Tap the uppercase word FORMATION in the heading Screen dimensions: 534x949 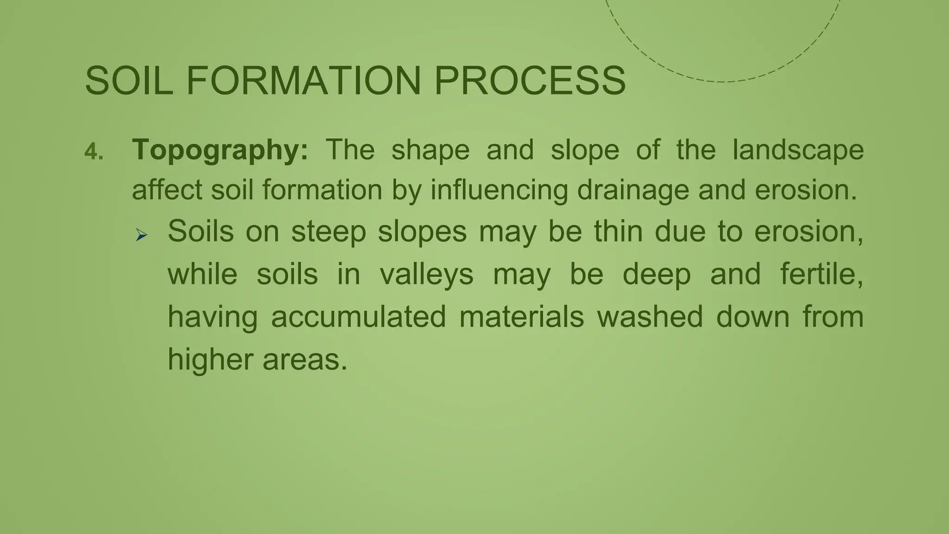pos(304,81)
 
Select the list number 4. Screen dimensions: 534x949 pos(93,152)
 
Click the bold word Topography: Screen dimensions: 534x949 pos(220,151)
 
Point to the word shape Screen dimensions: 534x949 pos(430,151)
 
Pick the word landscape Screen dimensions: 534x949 pos(798,151)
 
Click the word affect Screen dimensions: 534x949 pos(167,190)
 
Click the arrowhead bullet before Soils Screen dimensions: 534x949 pos(141,235)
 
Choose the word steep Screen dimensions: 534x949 pos(329,232)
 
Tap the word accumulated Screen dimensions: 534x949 pos(358,317)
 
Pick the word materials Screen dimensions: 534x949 pos(521,317)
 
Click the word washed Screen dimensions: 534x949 pos(650,317)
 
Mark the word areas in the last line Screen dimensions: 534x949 pos(304,360)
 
